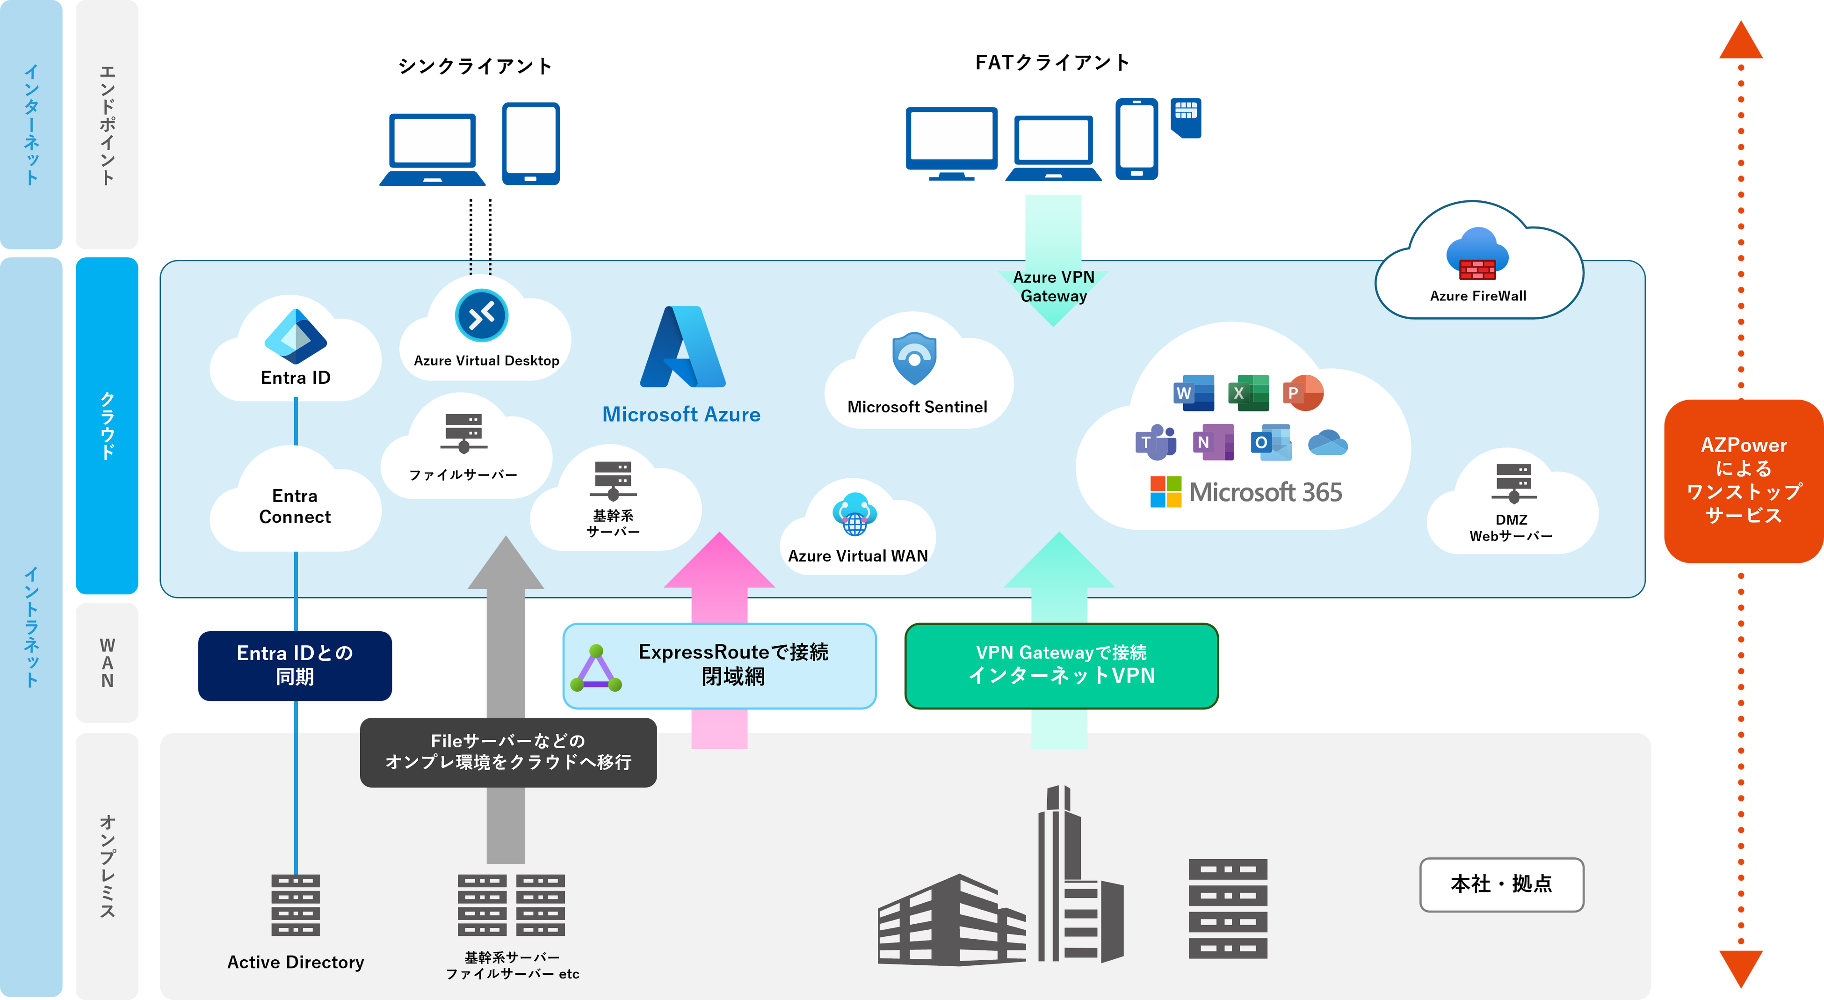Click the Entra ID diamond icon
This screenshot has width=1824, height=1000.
295,336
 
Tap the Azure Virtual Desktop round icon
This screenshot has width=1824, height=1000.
482,316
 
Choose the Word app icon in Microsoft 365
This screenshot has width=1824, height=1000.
1194,393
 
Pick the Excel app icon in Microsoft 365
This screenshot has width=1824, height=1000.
1248,393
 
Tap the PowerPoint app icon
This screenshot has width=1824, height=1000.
1303,393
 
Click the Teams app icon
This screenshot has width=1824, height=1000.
1156,443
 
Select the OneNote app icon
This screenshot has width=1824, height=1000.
1213,443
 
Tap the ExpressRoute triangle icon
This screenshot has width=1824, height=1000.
596,669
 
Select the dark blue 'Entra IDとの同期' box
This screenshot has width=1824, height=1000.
295,666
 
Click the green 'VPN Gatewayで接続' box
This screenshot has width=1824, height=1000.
1061,666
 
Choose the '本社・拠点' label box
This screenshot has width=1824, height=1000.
1501,884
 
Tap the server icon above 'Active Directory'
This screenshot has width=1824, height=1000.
295,905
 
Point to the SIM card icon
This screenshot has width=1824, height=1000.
1186,117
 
